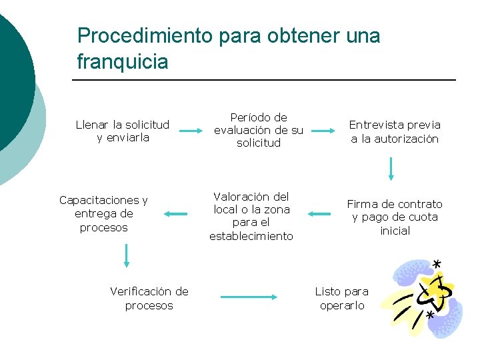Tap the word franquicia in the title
point(123,62)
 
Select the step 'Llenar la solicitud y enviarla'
point(123,131)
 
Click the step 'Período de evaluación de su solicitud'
point(259,130)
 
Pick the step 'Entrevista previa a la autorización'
point(395,131)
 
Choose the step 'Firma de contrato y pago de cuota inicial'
point(395,217)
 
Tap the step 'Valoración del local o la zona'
point(251,216)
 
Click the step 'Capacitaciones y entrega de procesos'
point(103,213)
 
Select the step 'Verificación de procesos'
point(149,298)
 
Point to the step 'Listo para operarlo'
point(341,298)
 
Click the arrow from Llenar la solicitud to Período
point(190,131)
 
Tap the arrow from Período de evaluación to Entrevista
point(324,131)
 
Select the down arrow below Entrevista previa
point(391,169)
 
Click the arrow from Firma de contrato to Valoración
point(319,214)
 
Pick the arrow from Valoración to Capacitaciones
point(175,214)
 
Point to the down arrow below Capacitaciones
point(127,255)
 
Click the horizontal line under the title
point(263,80)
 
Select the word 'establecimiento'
point(251,236)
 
